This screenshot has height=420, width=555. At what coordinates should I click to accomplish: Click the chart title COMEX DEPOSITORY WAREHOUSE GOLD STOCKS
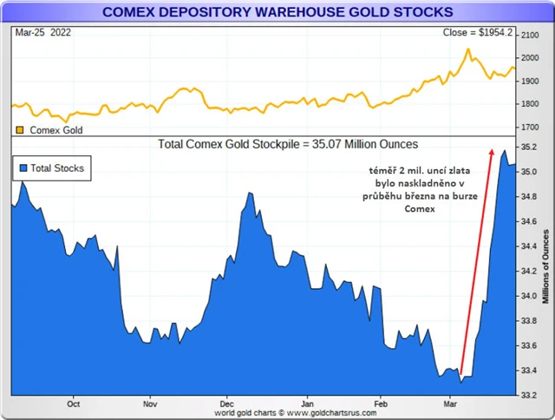click(277, 12)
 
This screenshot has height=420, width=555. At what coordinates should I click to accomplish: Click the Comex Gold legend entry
click(53, 129)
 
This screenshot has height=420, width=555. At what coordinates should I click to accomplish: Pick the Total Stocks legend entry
click(51, 167)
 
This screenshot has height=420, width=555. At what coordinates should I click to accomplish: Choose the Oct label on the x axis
click(74, 404)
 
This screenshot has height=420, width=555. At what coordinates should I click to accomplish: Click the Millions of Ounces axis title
click(545, 266)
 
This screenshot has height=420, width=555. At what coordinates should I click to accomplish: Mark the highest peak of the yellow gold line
click(468, 49)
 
